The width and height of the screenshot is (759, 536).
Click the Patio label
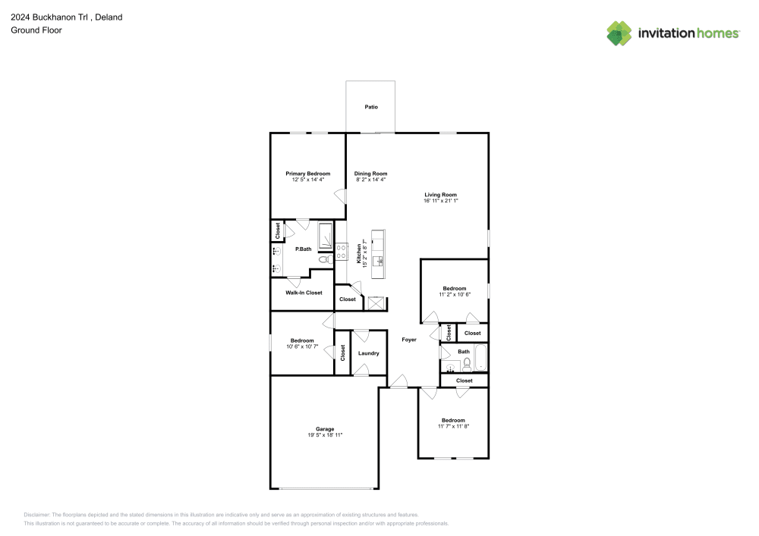370,107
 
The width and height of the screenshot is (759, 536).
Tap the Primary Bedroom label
307,174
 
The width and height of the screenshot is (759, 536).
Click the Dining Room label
370,174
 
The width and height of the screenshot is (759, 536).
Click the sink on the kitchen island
377,260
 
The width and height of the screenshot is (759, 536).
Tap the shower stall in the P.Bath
325,236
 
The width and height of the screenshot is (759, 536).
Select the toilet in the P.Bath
323,259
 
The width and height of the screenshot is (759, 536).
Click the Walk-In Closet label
304,293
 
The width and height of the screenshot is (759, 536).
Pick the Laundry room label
369,353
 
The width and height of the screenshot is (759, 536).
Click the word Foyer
409,340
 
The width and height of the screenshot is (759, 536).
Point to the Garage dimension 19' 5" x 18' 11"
326,435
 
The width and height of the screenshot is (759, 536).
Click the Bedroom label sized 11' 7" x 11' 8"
453,420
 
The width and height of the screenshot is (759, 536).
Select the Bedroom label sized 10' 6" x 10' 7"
301,340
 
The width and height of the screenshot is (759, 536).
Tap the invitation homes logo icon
619,33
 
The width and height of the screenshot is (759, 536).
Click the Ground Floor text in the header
36,30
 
